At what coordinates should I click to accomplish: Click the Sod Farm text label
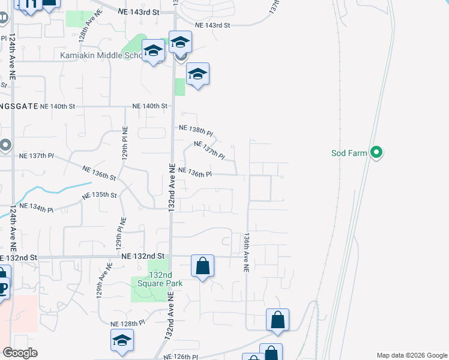coord(349,153)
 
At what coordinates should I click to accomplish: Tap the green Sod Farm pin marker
coord(376,153)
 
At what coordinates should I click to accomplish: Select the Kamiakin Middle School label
coord(102,55)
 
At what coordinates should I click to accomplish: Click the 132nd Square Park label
coord(151,278)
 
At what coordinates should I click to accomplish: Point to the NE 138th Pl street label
coord(196,129)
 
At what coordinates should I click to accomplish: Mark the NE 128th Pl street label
coord(128,323)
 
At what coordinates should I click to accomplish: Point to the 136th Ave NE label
coord(246,253)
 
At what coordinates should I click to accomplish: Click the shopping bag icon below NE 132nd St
coord(203,265)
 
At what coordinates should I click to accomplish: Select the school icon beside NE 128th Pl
coord(122,341)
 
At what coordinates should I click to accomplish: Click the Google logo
coord(20,353)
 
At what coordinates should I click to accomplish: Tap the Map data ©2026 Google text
coord(411,355)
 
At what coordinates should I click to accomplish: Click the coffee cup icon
coord(3,288)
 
